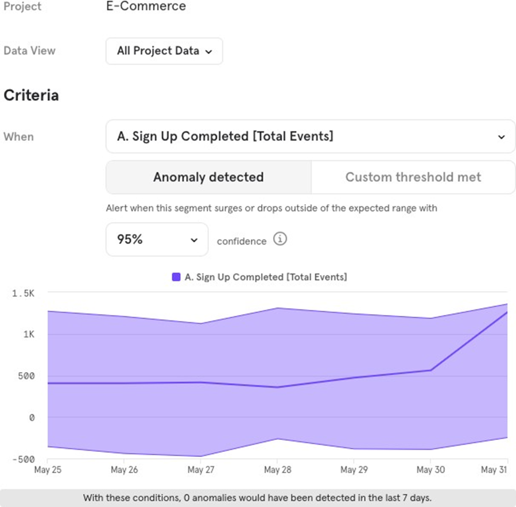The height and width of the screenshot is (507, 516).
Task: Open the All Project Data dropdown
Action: coord(164,51)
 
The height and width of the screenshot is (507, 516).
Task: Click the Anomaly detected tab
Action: coord(208,177)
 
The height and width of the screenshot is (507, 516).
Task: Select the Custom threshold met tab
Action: coord(413,177)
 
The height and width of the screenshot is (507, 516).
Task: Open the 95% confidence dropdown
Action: coord(157,239)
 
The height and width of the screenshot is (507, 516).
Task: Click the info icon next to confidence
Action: coord(280,239)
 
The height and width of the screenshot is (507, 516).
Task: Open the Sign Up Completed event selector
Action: coord(311,137)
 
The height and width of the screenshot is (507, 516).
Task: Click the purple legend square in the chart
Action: coord(176,277)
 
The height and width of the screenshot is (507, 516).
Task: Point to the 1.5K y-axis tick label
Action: coord(24,293)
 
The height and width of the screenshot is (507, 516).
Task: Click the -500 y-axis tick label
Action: coord(24,459)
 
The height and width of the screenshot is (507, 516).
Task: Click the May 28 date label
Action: coord(278,470)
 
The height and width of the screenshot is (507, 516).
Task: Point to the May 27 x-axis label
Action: coord(201,470)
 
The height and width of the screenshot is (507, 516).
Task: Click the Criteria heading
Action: coord(31,95)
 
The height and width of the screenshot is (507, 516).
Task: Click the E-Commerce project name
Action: coord(146,7)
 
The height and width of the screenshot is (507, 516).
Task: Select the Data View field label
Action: coord(29,51)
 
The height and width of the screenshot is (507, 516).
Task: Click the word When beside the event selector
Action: coord(18,137)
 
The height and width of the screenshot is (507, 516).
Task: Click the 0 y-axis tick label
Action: coord(32,417)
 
